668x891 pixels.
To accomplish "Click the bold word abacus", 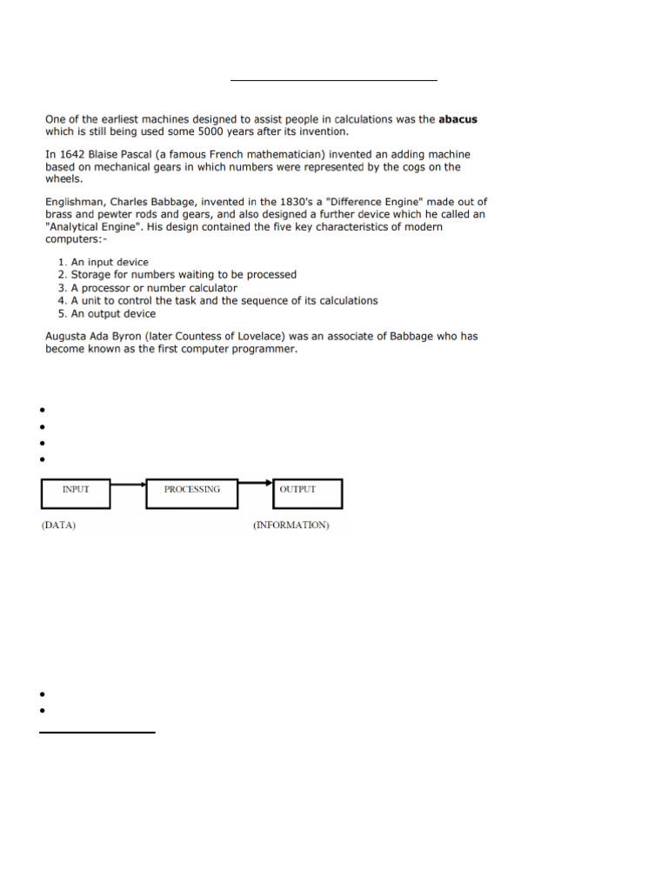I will (457, 119).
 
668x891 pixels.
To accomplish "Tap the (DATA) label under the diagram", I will (58, 526).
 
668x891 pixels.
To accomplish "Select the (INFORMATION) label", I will (291, 526).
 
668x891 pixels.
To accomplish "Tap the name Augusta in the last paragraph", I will (68, 336).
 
